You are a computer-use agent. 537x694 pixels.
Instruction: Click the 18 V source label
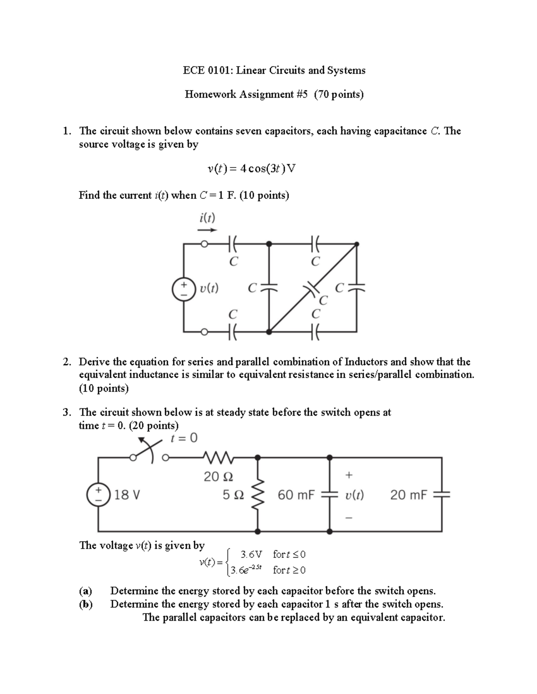coord(128,495)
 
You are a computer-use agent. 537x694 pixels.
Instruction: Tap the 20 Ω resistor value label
coord(218,477)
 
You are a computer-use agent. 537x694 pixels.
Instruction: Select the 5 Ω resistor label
coord(233,495)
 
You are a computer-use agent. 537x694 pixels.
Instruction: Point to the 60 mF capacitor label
coord(296,495)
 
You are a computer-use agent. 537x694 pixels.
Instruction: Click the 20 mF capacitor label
coord(409,495)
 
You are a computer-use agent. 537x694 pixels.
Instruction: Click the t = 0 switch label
coord(184,438)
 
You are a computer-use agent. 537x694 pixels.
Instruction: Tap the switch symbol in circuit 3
coord(150,450)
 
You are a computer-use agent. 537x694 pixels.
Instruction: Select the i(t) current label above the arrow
coord(207,218)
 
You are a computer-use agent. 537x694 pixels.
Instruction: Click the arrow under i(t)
coord(207,230)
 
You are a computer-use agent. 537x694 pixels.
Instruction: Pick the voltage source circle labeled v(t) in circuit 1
coord(184,289)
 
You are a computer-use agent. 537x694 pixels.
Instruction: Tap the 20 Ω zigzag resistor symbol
coord(218,457)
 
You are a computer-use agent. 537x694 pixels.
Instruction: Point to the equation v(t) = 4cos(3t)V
coord(251,169)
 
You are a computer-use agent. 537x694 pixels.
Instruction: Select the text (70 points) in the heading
coord(339,94)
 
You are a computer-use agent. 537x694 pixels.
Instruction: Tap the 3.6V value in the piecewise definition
coord(251,555)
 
